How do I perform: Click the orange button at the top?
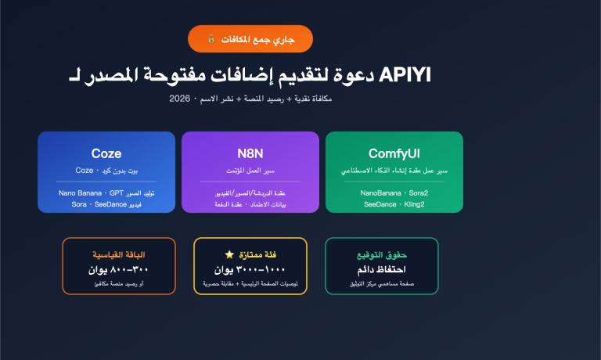click(x=250, y=38)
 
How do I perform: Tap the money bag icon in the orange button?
click(x=211, y=38)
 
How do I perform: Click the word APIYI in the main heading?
click(x=405, y=75)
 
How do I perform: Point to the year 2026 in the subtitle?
click(x=181, y=99)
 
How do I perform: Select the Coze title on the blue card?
click(x=106, y=153)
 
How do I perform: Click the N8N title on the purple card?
click(x=250, y=153)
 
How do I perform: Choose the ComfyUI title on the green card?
click(x=394, y=153)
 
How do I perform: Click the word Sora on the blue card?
click(x=80, y=203)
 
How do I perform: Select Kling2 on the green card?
click(x=416, y=203)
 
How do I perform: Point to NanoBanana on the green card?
click(x=379, y=193)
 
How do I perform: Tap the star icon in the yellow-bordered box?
click(x=229, y=255)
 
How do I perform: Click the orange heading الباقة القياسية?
click(x=119, y=255)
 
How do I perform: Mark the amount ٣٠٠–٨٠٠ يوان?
click(x=119, y=269)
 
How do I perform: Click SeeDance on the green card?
click(x=381, y=203)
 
